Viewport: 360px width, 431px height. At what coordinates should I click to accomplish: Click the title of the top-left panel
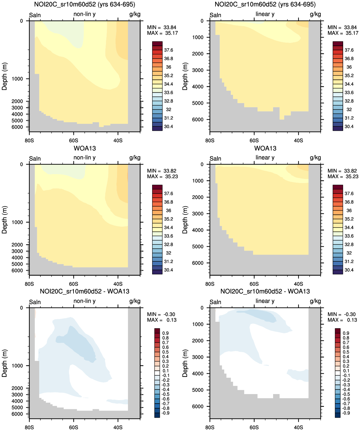(x=84, y=4)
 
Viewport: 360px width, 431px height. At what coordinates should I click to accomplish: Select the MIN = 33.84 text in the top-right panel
(x=342, y=27)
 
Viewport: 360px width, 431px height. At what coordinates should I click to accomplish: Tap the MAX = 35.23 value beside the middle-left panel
(x=162, y=176)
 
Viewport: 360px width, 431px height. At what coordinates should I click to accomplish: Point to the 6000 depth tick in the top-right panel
(x=198, y=120)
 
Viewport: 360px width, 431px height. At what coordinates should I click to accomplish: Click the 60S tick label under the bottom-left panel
(x=74, y=427)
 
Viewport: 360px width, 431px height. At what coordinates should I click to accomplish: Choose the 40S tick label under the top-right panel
(x=298, y=140)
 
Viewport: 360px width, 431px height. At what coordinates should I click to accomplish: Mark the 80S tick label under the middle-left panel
(x=29, y=284)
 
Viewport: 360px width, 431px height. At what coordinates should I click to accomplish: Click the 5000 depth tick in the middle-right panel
(x=198, y=247)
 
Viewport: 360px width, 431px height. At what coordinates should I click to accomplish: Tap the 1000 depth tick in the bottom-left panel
(x=17, y=366)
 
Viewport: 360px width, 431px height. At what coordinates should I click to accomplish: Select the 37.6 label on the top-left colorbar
(x=168, y=50)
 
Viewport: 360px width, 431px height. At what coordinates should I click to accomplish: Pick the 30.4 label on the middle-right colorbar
(x=349, y=270)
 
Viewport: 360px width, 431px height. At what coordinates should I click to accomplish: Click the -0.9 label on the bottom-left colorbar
(x=166, y=413)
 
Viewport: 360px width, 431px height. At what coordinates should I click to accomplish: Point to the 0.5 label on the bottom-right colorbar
(x=346, y=352)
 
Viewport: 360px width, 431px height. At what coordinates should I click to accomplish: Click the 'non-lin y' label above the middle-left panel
(x=84, y=158)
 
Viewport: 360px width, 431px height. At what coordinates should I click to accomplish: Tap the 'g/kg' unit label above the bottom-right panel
(x=315, y=301)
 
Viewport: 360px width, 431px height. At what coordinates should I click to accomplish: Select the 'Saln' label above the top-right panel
(x=215, y=15)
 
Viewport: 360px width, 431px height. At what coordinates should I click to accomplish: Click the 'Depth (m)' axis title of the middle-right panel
(x=185, y=220)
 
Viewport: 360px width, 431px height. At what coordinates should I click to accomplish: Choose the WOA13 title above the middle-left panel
(x=85, y=148)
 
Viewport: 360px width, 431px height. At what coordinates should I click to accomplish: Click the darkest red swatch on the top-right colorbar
(x=338, y=44)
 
